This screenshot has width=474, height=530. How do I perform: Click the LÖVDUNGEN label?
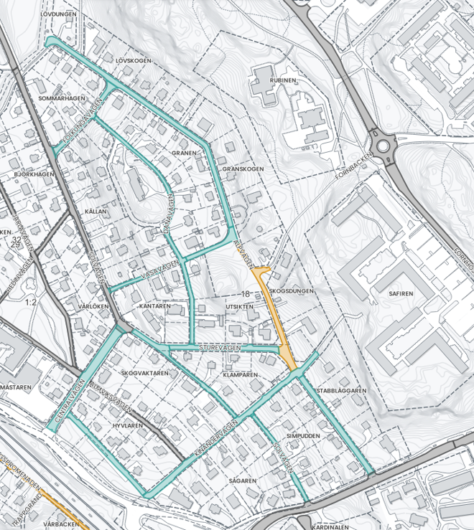pyautogui.click(x=59, y=14)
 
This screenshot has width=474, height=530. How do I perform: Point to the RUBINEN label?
pyautogui.click(x=283, y=81)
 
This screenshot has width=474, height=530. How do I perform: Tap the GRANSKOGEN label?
pyautogui.click(x=243, y=169)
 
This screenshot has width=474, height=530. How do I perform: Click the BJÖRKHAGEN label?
pyautogui.click(x=34, y=174)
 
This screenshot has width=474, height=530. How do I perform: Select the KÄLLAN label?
pyautogui.click(x=95, y=212)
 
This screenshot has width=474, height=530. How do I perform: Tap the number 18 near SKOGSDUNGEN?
pyautogui.click(x=245, y=294)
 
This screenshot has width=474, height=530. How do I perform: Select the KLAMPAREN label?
pyautogui.click(x=241, y=374)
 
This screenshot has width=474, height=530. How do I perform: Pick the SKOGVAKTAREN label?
pyautogui.click(x=145, y=373)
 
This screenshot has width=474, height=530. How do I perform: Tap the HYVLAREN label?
pyautogui.click(x=128, y=425)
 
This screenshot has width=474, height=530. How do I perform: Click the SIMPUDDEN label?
pyautogui.click(x=302, y=435)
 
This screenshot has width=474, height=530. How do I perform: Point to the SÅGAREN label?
pyautogui.click(x=242, y=480)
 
